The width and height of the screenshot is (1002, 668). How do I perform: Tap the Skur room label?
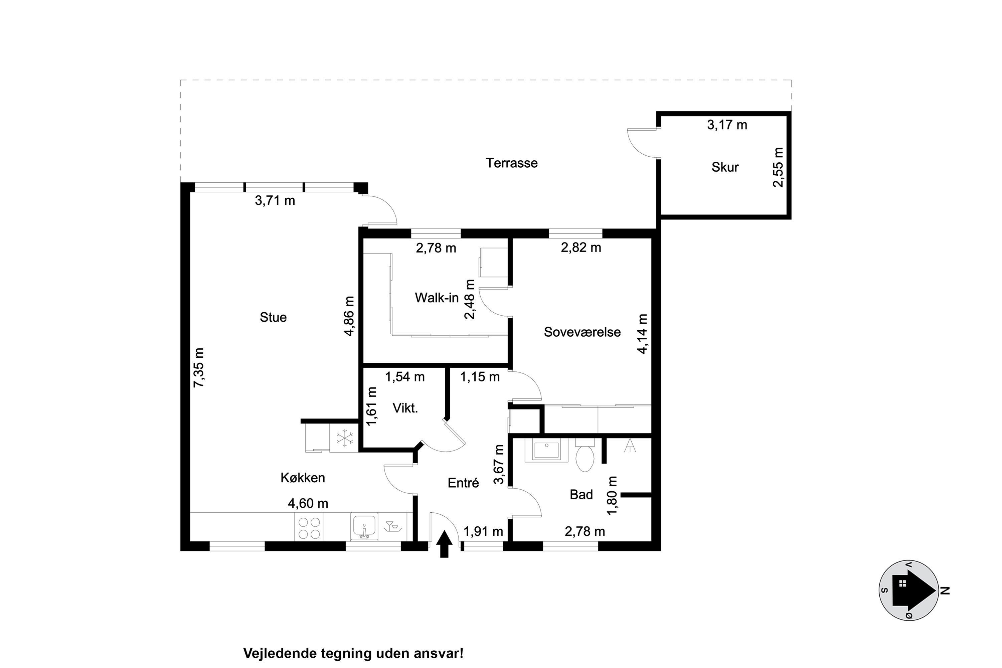tap(725, 167)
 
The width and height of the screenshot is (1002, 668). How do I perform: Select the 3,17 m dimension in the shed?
tap(727, 125)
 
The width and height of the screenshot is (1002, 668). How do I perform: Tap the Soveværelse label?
tap(582, 332)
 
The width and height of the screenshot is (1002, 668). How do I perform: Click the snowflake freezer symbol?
tap(345, 438)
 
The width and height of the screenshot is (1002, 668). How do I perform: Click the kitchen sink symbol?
tap(364, 527)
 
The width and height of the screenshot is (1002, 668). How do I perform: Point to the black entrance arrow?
tap(444, 544)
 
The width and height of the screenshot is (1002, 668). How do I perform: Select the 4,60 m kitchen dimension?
tap(308, 504)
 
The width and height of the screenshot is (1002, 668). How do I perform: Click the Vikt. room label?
tap(405, 408)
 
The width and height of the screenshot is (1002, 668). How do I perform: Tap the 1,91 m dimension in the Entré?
tap(483, 532)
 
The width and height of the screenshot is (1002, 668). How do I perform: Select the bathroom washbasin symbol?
tap(546, 450)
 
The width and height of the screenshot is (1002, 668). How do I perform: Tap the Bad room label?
tap(581, 495)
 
